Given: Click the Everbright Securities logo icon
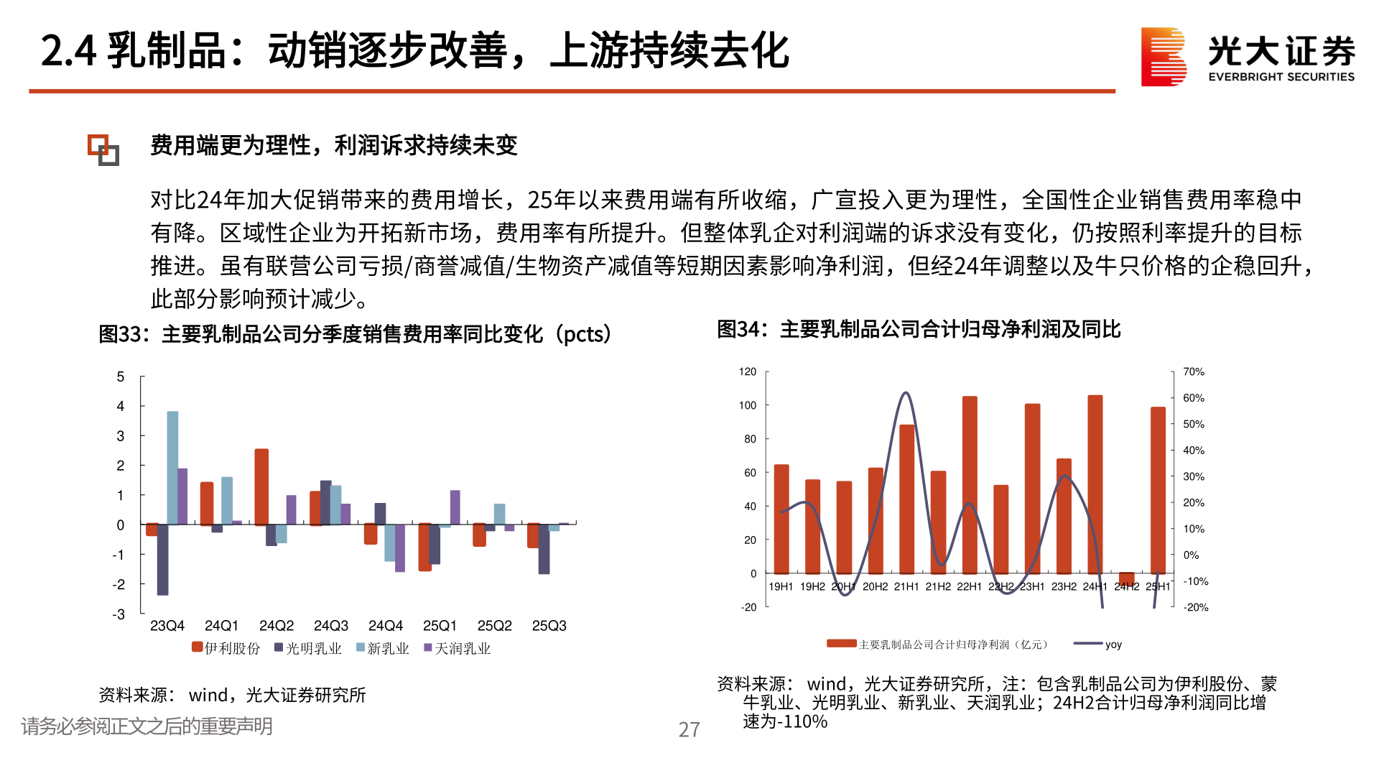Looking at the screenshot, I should pyautogui.click(x=1163, y=57).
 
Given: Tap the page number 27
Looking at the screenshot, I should pyautogui.click(x=689, y=729).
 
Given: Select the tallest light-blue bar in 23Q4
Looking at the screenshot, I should pyautogui.click(x=172, y=467).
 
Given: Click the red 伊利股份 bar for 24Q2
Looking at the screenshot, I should pyautogui.click(x=261, y=486).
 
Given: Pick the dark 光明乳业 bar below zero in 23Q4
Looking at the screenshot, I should pyautogui.click(x=162, y=559).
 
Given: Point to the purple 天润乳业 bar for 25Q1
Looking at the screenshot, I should pyautogui.click(x=455, y=507).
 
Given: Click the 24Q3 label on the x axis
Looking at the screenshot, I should pyautogui.click(x=330, y=626).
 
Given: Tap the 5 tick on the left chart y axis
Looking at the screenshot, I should pyautogui.click(x=121, y=377).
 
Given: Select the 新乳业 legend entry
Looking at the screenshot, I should pyautogui.click(x=382, y=648).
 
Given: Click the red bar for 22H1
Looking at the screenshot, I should pyautogui.click(x=970, y=484).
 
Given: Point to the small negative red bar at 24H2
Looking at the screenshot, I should pyautogui.click(x=1126, y=578).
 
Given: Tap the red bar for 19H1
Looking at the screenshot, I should pyautogui.click(x=781, y=518).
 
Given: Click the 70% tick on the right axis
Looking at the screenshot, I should pyautogui.click(x=1193, y=371).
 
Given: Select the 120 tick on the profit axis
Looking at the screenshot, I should pyautogui.click(x=747, y=371).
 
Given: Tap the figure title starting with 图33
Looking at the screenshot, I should pyautogui.click(x=355, y=334).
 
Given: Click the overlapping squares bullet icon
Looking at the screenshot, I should pyautogui.click(x=103, y=149).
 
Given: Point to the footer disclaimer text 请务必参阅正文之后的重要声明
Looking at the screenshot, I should pyautogui.click(x=147, y=726).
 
